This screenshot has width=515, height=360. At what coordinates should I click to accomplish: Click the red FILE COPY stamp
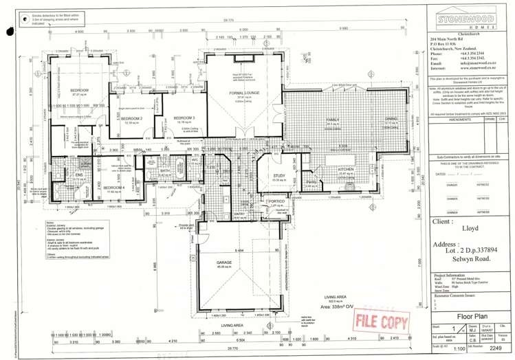pyautogui.click(x=376, y=320)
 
